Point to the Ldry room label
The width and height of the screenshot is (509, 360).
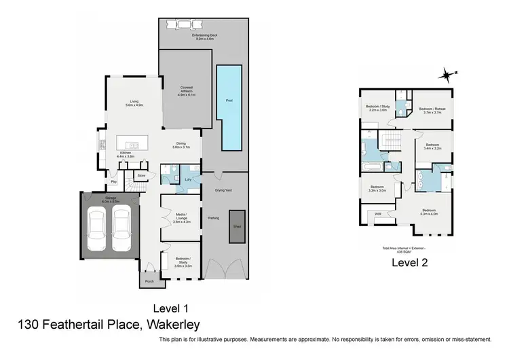click(187, 179)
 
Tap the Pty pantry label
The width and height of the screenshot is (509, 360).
click(114, 182)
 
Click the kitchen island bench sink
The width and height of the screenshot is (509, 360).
click(134, 145)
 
